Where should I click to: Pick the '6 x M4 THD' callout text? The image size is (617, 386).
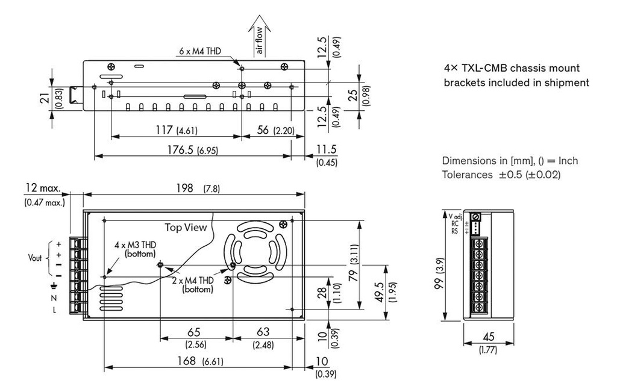coord(199,52)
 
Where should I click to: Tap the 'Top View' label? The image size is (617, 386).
coord(186,227)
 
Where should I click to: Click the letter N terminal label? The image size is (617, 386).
coord(54,298)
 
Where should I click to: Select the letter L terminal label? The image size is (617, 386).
coord(54,310)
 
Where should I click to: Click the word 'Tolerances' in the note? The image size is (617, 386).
coord(466,175)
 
